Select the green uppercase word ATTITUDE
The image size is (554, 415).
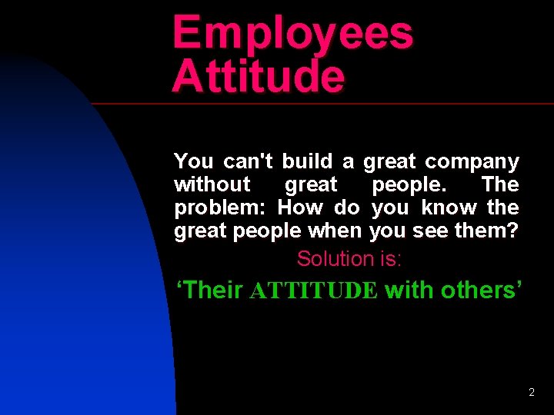314,290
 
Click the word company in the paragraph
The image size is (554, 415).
472,162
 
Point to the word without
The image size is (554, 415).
212,184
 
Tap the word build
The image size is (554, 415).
307,161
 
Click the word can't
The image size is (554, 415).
249,161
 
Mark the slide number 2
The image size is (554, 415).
532,393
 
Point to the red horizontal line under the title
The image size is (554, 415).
323,103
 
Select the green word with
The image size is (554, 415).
407,290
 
